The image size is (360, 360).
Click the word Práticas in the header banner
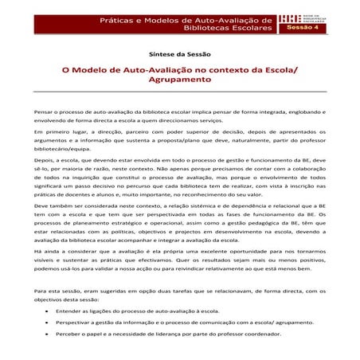pyautogui.click(x=121, y=18)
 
